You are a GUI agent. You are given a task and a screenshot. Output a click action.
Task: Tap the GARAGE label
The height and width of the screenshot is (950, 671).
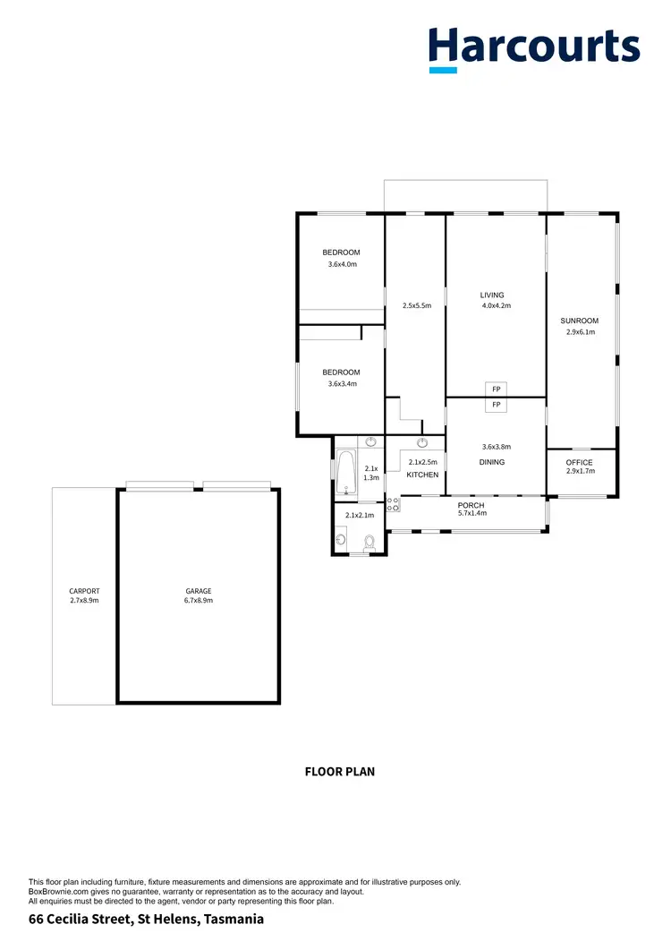pyautogui.click(x=199, y=591)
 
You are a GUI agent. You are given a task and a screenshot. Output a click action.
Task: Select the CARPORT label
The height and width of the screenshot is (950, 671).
pyautogui.click(x=84, y=591)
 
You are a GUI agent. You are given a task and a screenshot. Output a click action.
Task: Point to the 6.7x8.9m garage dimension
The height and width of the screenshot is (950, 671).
pyautogui.click(x=199, y=601)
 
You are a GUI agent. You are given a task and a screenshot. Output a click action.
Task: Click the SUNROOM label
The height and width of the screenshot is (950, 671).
pyautogui.click(x=580, y=321)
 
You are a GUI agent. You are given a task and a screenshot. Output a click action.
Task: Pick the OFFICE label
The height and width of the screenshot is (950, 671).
pyautogui.click(x=580, y=462)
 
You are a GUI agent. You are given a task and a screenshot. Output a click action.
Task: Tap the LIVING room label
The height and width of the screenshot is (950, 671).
pyautogui.click(x=492, y=295)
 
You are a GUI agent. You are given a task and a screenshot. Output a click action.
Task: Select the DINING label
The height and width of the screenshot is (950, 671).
pyautogui.click(x=492, y=462)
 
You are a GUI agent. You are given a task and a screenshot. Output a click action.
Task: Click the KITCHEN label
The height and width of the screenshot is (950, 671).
pyautogui.click(x=422, y=475)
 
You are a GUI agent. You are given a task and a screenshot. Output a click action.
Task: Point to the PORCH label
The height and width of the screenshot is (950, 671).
pyautogui.click(x=471, y=505)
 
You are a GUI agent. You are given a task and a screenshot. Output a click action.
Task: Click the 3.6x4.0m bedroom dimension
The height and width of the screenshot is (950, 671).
pyautogui.click(x=342, y=264)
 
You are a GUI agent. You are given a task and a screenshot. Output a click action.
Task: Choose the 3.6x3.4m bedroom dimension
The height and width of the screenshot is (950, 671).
pyautogui.click(x=342, y=384)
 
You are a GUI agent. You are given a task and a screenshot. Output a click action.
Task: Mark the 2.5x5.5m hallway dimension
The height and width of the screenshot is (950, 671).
pyautogui.click(x=416, y=306)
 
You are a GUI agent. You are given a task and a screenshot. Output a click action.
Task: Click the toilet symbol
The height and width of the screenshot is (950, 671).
pyautogui.click(x=369, y=541)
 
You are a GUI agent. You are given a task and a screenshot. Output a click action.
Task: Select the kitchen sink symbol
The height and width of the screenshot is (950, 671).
pyautogui.click(x=422, y=442)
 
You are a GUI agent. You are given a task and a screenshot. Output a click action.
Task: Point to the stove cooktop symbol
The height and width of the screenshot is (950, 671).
pyautogui.click(x=394, y=503)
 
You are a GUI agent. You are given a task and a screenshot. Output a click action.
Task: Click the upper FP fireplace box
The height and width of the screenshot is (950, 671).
pyautogui.click(x=496, y=389)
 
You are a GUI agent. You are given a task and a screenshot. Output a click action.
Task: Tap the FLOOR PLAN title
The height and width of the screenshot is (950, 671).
pyautogui.click(x=340, y=771)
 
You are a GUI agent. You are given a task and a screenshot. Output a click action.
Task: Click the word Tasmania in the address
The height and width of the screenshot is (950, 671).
pyautogui.click(x=234, y=920)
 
